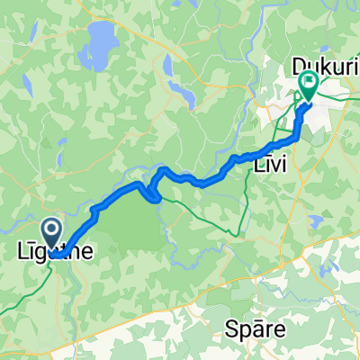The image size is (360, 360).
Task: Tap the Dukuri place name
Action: (x=321, y=65)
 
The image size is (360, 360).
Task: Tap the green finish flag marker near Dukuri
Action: (x=309, y=86)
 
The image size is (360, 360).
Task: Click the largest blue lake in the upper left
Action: (x=102, y=41)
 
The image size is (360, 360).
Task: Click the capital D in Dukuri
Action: (x=299, y=65)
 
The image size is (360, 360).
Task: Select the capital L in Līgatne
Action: (x=24, y=255)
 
